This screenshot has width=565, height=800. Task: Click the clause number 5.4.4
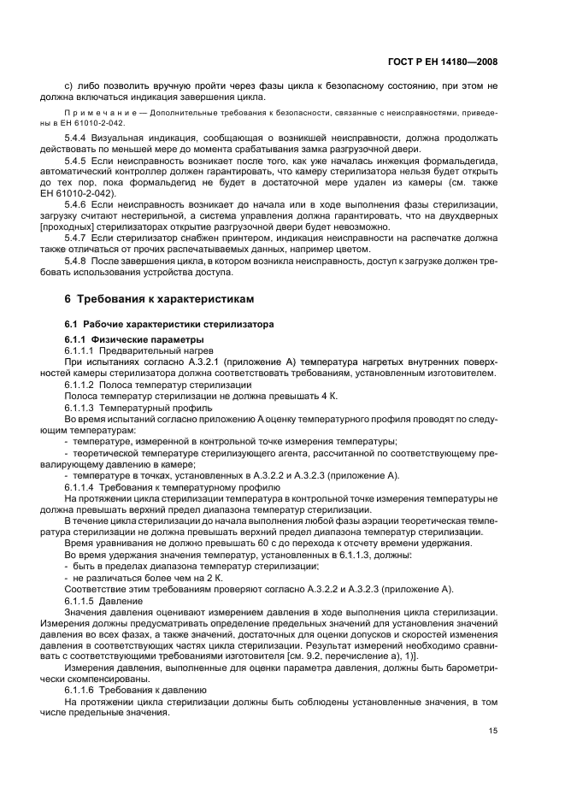tap(77, 135)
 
